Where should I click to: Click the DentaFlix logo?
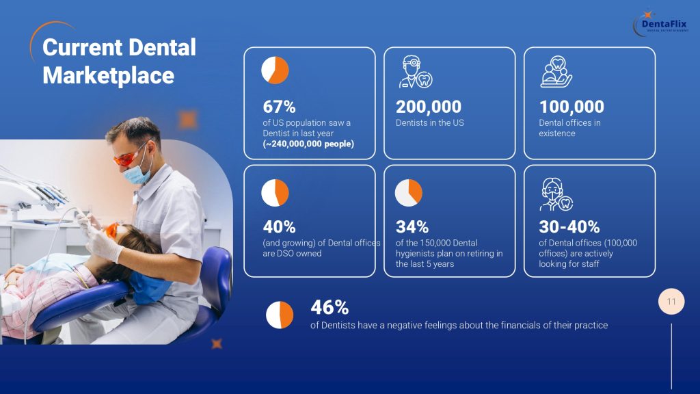point(661,23)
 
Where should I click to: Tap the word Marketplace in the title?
point(109,75)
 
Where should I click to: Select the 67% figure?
point(279,107)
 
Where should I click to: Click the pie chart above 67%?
point(275,70)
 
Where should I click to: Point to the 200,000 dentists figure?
point(429,107)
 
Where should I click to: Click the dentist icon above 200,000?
point(416,71)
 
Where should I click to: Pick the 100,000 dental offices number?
point(571,107)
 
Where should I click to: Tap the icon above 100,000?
point(556,71)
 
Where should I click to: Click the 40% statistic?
point(279,227)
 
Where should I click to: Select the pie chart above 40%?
point(275,192)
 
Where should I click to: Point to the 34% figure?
point(412,227)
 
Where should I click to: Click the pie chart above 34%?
point(409,192)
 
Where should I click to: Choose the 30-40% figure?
point(569,227)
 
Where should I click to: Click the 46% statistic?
point(329,307)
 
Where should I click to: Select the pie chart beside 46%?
point(280,315)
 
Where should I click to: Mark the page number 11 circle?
point(671,302)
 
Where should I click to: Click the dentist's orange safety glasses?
point(129,157)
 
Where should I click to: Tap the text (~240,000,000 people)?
point(308,144)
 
